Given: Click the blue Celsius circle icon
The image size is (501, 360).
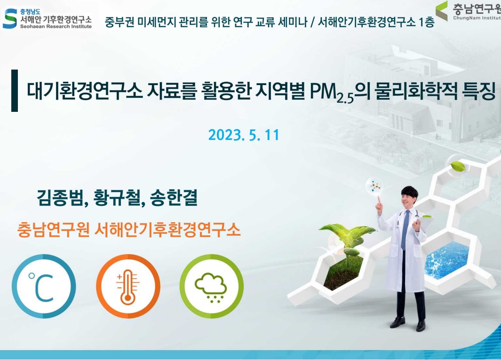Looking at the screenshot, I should point(44,287).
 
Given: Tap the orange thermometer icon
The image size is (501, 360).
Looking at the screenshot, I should point(128,287).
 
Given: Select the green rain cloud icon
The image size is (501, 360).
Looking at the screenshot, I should point(211,287).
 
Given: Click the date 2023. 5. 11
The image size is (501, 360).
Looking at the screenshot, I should point(244,135).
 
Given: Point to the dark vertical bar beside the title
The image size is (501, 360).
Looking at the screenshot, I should point(15,91).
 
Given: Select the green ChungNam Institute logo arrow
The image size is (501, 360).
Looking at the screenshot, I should point(441,10).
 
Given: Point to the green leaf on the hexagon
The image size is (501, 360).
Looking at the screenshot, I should point(458,166).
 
